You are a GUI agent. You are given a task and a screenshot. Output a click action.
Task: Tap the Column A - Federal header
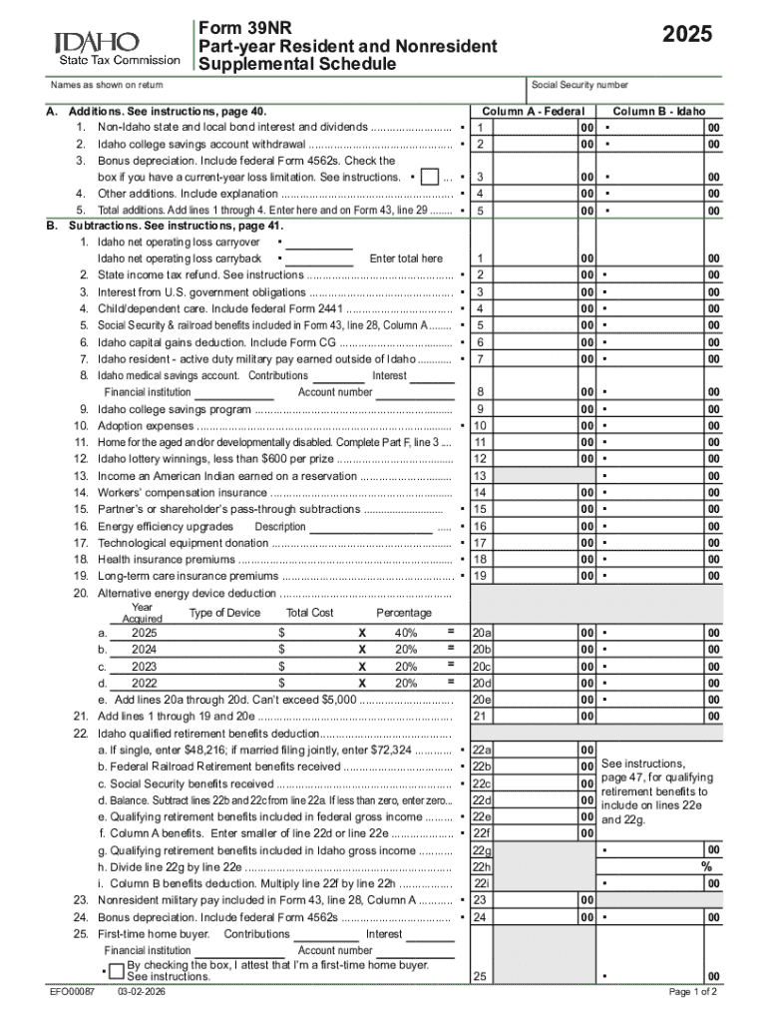tap(533, 111)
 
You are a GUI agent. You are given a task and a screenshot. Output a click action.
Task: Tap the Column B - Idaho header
tap(658, 111)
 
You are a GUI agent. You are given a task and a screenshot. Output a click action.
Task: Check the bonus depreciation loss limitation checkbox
tap(430, 177)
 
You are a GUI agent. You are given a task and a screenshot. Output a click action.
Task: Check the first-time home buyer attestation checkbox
tap(117, 971)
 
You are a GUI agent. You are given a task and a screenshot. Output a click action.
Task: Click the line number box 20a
tap(482, 634)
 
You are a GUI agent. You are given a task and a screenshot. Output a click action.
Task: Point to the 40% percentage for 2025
tap(405, 634)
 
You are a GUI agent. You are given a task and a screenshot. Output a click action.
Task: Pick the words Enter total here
tap(405, 258)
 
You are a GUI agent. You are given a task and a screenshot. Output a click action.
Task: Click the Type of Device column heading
tap(224, 613)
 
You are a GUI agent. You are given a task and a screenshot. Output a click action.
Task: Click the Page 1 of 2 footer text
tap(692, 994)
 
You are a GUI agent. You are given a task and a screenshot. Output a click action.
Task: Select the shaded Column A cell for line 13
tap(533, 476)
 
